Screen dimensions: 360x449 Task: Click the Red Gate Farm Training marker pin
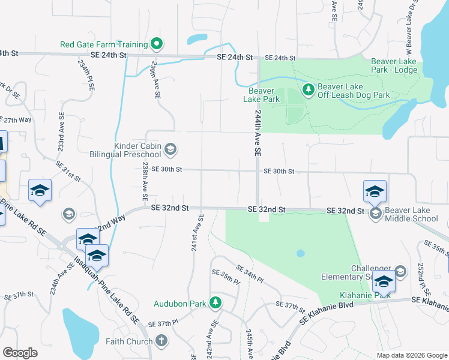click(157, 44)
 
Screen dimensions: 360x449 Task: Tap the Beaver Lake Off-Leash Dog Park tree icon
click(309, 90)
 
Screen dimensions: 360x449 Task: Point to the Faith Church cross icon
click(161, 341)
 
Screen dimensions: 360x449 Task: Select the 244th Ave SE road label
click(258, 133)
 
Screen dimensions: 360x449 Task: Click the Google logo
click(20, 353)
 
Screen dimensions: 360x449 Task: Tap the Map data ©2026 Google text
click(411, 355)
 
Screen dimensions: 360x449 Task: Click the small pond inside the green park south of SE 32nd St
click(300, 253)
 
